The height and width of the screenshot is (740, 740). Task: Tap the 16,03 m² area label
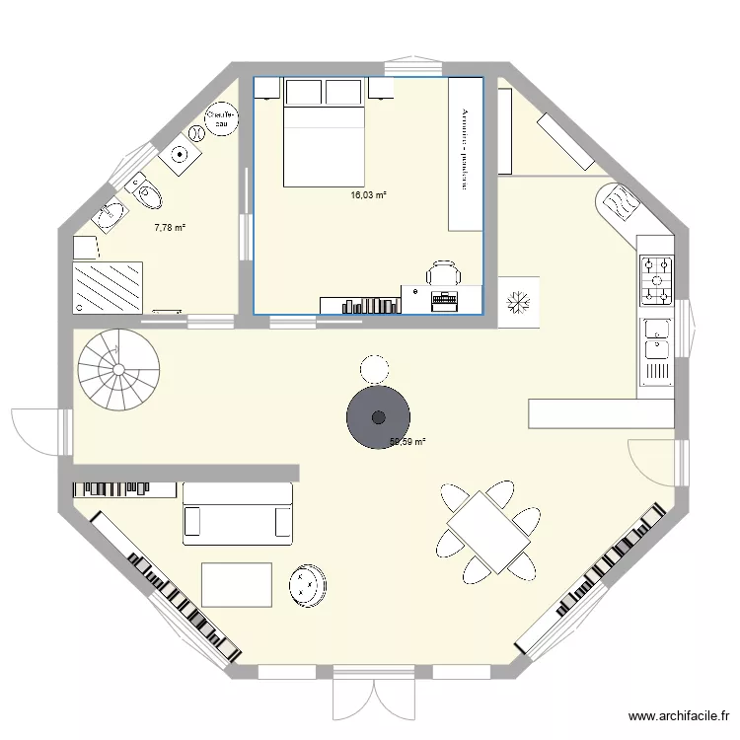point(368,196)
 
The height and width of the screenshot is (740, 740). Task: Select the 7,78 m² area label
point(170,227)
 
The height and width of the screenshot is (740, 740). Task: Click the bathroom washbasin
point(111,212)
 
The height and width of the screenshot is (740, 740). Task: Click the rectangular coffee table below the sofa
point(237,584)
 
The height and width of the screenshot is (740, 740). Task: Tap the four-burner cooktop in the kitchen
point(656,278)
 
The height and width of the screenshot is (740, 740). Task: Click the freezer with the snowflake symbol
point(520,301)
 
